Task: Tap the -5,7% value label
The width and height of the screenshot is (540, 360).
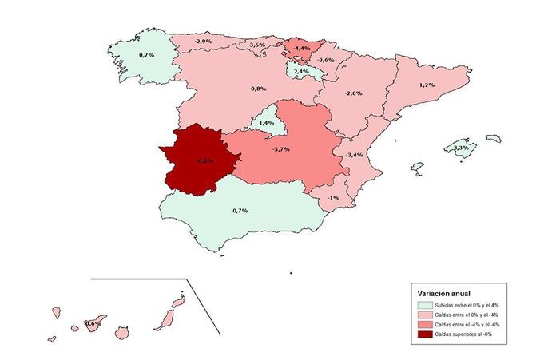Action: [x=281, y=149]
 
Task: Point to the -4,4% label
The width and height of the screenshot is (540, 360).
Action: [x=302, y=49]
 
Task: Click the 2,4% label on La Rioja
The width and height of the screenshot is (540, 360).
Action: [x=301, y=72]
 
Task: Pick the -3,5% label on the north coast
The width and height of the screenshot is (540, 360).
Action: [x=256, y=45]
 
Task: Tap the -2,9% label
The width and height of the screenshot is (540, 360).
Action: [x=203, y=41]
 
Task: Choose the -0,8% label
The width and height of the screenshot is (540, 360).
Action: [x=256, y=89]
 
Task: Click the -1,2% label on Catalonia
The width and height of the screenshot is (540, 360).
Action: [x=426, y=85]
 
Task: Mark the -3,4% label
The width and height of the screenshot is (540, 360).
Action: [x=354, y=154]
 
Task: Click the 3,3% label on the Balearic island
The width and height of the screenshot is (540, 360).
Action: [x=461, y=148]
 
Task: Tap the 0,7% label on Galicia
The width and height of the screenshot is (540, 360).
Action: [x=146, y=55]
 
